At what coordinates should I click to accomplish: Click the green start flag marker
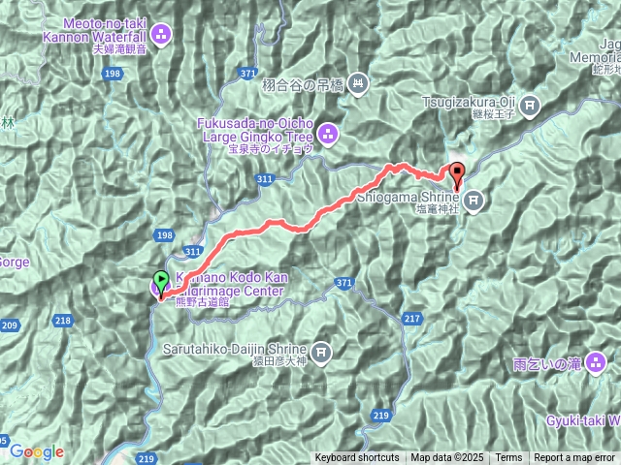coord(161,280)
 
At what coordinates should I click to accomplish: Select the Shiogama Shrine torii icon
coord(473,201)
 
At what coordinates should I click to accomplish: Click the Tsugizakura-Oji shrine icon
coord(531,104)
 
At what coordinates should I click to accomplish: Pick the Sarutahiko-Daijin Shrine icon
coord(321,351)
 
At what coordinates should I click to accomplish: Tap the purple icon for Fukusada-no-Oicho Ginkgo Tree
coord(328,134)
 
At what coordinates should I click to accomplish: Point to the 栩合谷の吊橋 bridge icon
coord(358,84)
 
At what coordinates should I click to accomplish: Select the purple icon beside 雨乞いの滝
coord(593,363)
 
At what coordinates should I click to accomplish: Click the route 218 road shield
coord(64,320)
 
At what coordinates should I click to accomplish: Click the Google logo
coord(36,451)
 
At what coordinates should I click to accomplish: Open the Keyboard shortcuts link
coord(356,458)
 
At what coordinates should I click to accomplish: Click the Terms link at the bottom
coord(508,458)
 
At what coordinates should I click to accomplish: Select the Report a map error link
coord(574,458)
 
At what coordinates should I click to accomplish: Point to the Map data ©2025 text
coord(446,458)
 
